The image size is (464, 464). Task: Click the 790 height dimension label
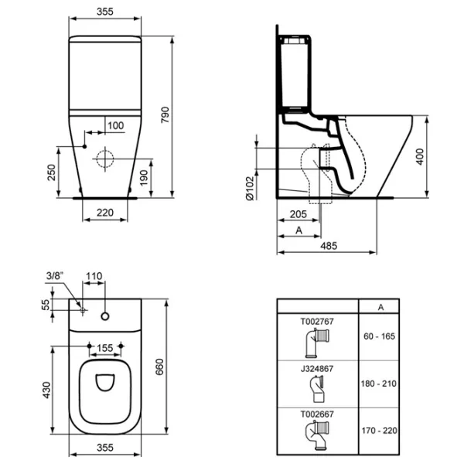tap(165, 114)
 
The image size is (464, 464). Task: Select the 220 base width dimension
tap(105, 213)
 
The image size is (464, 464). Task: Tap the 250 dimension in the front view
tap(51, 172)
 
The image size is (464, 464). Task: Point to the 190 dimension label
tap(144, 178)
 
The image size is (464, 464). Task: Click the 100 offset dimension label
tap(116, 126)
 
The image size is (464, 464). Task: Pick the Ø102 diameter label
tap(250, 189)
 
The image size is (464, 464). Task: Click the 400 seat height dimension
tap(420, 157)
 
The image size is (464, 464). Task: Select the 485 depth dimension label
tap(329, 246)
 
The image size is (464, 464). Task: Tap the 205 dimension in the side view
tap(299, 214)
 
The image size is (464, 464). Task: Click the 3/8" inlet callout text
tap(55, 276)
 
